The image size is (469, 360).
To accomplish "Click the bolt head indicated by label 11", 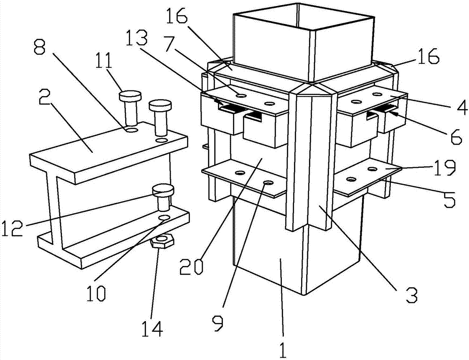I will tap(130, 96).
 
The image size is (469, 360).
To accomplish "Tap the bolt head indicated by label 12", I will tap(163, 190).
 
